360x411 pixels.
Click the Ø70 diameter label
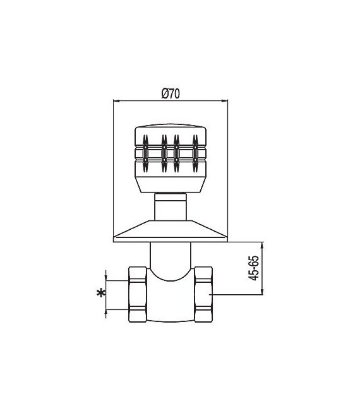tap(171, 93)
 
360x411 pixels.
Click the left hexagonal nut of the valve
tap(138, 294)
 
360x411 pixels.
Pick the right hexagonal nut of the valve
tap(204, 294)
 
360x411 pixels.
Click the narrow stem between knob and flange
tap(171, 207)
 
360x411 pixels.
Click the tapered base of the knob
tap(171, 184)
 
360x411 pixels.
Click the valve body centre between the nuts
tap(171, 300)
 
